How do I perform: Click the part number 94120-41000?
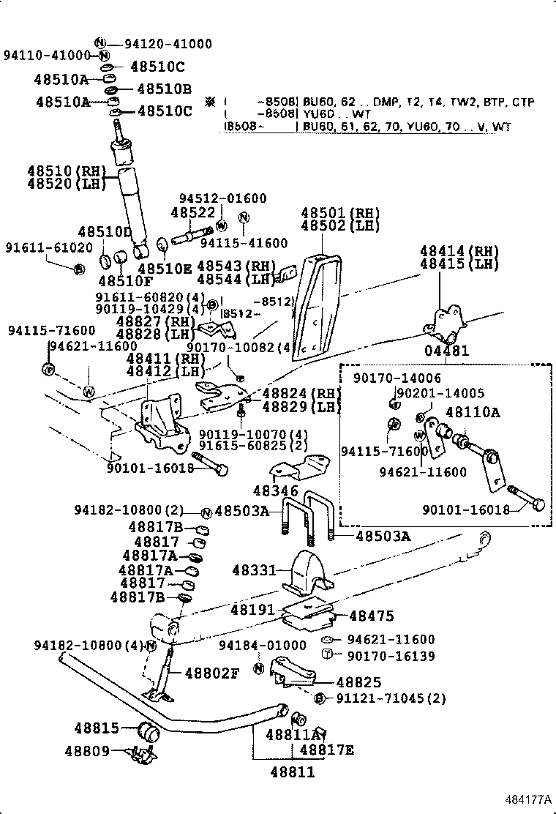click(x=164, y=44)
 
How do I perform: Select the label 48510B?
click(x=164, y=89)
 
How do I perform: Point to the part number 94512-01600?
click(x=223, y=198)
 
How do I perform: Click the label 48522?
click(x=193, y=212)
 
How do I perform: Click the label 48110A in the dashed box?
click(x=473, y=412)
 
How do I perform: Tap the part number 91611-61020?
click(x=40, y=247)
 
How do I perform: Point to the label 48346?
click(x=276, y=490)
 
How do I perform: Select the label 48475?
click(x=371, y=616)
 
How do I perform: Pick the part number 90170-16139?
click(x=391, y=656)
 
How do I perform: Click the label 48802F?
click(x=211, y=673)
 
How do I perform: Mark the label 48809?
click(x=86, y=750)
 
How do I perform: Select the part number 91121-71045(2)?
click(x=391, y=698)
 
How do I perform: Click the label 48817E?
click(x=327, y=749)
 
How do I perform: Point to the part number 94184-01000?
click(x=263, y=645)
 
